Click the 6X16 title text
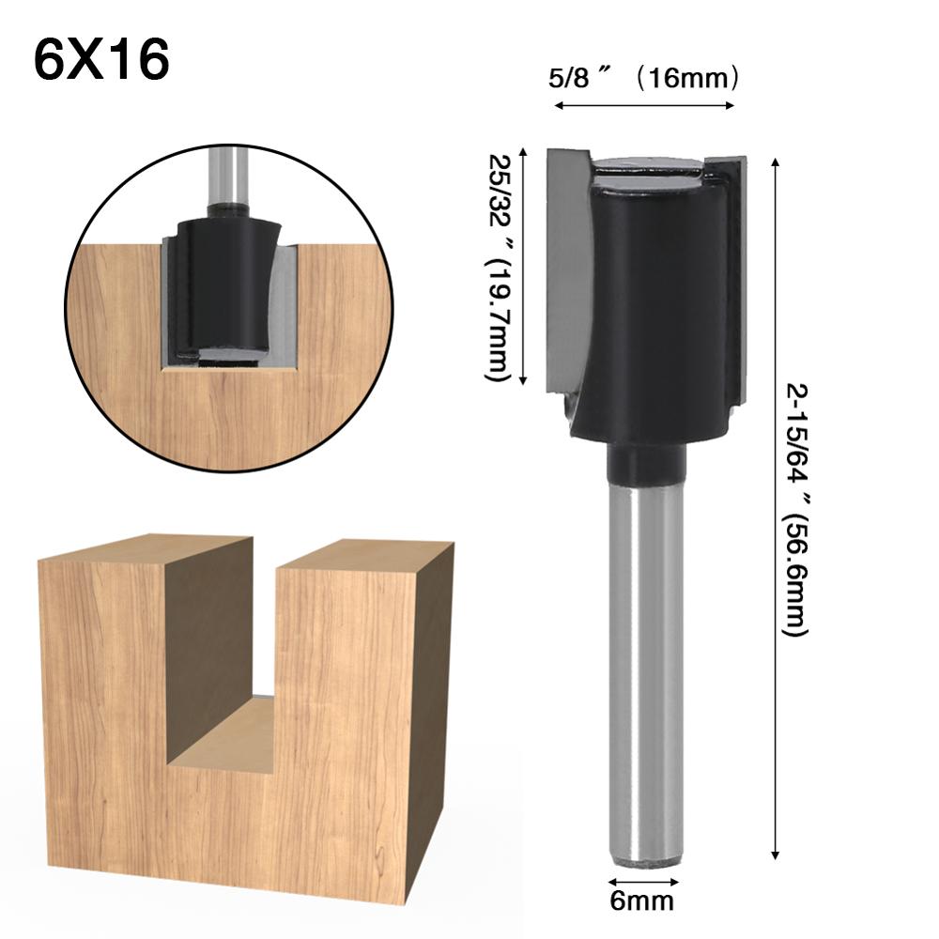coord(101,60)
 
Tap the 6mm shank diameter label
coord(642,902)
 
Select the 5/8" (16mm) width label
coord(643,79)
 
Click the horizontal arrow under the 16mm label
coord(644,105)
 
